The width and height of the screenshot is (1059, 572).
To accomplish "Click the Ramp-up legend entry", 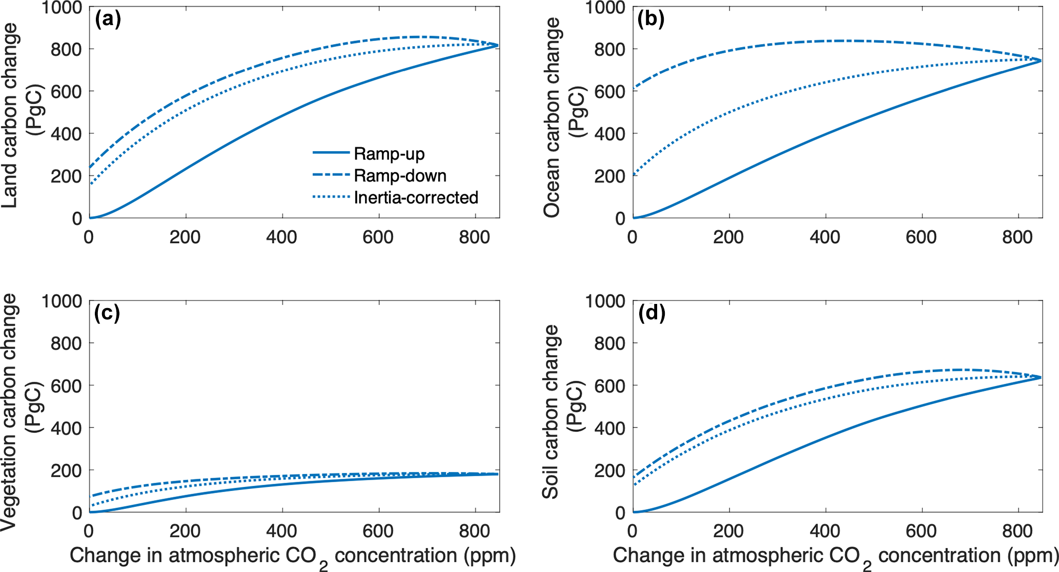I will pyautogui.click(x=389, y=154).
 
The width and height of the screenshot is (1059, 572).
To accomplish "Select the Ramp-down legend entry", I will pyautogui.click(x=400, y=176).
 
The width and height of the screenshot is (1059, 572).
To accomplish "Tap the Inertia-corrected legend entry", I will pyautogui.click(x=416, y=198).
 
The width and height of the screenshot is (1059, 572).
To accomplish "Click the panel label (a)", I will pyautogui.click(x=108, y=19).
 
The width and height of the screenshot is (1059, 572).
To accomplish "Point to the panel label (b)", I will pyautogui.click(x=651, y=19).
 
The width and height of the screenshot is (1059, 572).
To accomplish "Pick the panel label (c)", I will pyautogui.click(x=107, y=313).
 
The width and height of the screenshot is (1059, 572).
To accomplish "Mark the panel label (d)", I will pyautogui.click(x=651, y=313).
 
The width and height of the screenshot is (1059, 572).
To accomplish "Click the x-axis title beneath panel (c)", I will pyautogui.click(x=293, y=557).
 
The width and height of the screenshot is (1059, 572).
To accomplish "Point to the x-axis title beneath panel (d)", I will pyautogui.click(x=836, y=557).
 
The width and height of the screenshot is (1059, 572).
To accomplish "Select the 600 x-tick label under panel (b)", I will pyautogui.click(x=921, y=237).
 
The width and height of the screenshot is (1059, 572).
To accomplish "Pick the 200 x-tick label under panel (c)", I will pyautogui.click(x=185, y=531).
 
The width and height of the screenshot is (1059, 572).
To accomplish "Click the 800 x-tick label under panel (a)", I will pyautogui.click(x=474, y=237).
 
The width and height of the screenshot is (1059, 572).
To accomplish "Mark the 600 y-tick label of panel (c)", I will pyautogui.click(x=66, y=385).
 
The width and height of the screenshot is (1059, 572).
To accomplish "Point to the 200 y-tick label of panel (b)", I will pyautogui.click(x=609, y=176).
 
